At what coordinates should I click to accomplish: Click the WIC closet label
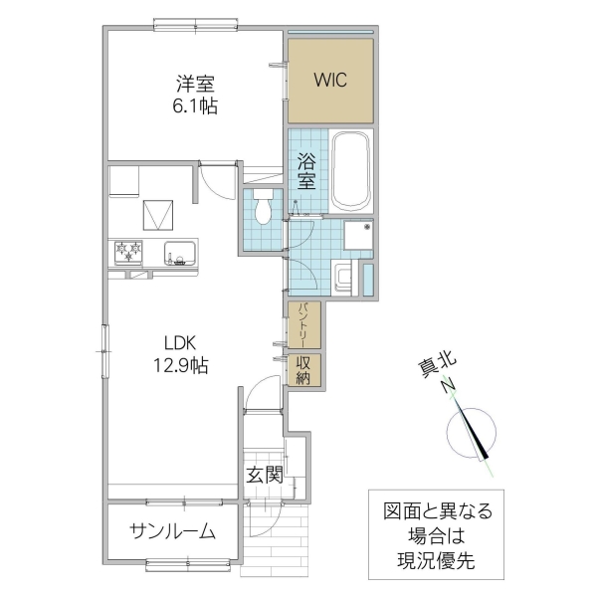point(330,81)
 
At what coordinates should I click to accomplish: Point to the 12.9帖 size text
point(180,364)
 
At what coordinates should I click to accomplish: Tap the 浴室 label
point(304,170)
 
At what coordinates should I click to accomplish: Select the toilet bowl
point(263,208)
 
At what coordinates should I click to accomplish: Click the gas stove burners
point(129,253)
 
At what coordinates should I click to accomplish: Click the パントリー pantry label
point(303,324)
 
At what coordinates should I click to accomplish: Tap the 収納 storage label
point(303,369)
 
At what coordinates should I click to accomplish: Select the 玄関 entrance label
point(264,476)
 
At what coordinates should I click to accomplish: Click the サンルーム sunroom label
point(172,531)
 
